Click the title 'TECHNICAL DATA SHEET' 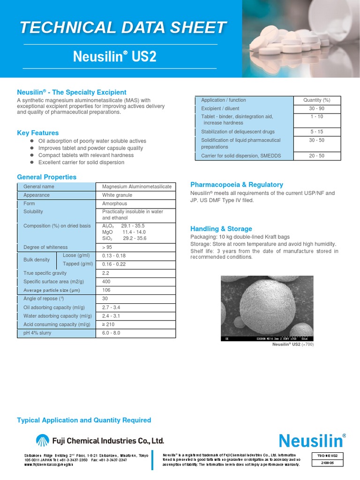pos(123,28)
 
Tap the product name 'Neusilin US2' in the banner pos(114,57)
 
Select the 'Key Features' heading pos(38,133)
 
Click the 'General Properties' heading pos(46,177)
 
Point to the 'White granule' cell pos(117,195)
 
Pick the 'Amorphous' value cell pos(114,204)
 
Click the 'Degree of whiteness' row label pos(45,247)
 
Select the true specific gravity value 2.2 pos(106,273)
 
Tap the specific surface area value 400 pos(107,281)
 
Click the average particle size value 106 pos(107,290)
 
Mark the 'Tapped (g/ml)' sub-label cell pos(78,264)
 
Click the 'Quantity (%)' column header pos(317,100)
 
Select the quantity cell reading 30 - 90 pos(317,109)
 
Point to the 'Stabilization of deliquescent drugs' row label pos(238,132)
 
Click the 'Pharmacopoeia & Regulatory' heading pos(237,185)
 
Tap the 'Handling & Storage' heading pos(221,229)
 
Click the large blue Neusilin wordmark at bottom pos(312,441)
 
